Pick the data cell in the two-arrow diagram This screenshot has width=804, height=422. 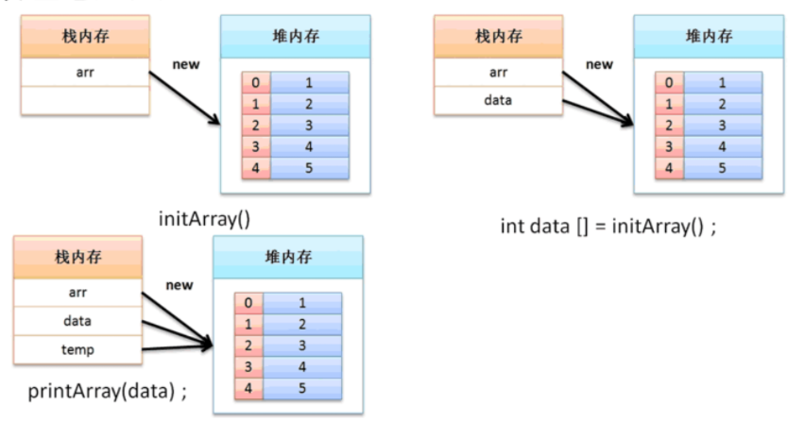click(497, 98)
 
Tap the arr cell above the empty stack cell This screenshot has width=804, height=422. click(84, 70)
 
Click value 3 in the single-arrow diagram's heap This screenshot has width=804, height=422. click(309, 126)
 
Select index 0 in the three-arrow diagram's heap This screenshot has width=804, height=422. click(248, 303)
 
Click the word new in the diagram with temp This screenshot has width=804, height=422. click(180, 284)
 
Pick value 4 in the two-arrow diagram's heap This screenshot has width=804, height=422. click(723, 147)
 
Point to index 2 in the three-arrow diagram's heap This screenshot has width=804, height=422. click(248, 345)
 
